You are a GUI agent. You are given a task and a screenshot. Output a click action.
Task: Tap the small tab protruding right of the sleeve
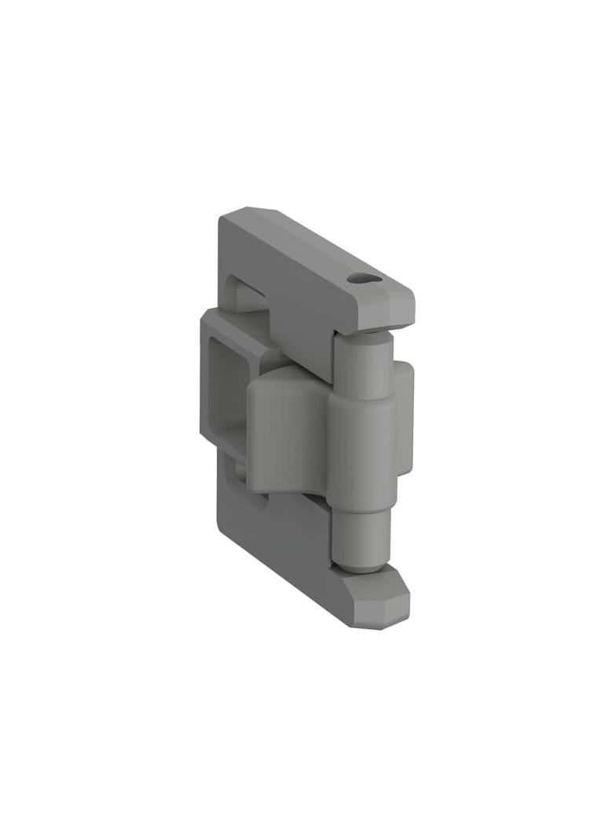coord(404,416)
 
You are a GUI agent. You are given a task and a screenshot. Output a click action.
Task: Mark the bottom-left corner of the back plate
coord(220,528)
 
